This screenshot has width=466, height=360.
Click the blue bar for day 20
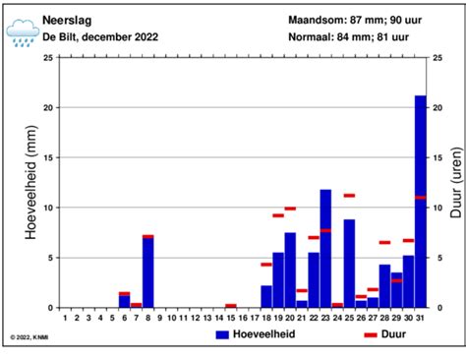point(290,270)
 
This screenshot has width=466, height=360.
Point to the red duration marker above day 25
point(349,195)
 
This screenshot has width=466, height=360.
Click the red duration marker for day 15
point(231,305)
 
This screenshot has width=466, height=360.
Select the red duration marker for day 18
point(266,264)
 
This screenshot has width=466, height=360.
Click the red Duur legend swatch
point(371,334)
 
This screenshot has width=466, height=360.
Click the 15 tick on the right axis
point(437,157)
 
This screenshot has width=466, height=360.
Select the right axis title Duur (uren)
point(455,183)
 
